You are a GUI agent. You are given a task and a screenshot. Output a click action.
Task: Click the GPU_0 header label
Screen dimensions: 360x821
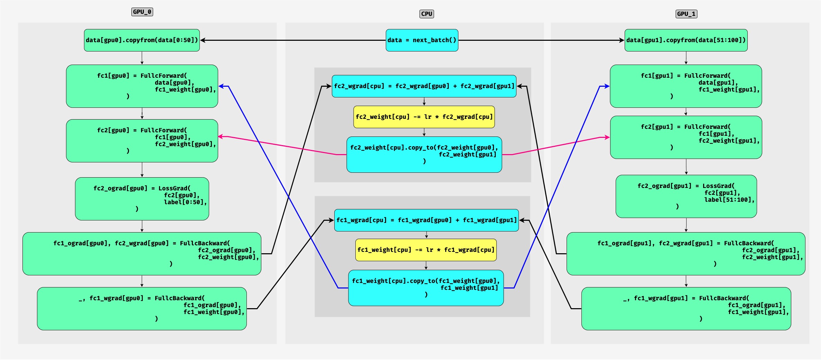tap(142, 12)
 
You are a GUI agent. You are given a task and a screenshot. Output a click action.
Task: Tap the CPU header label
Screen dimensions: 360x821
tap(427, 14)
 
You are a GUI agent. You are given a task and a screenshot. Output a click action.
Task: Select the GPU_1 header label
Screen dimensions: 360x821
tap(686, 14)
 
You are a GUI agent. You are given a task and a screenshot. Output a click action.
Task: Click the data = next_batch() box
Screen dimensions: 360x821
tap(422, 40)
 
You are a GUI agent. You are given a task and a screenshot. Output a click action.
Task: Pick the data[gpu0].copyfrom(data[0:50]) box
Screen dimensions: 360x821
tap(142, 40)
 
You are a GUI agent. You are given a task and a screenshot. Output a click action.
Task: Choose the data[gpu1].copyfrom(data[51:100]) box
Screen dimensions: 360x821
tap(686, 40)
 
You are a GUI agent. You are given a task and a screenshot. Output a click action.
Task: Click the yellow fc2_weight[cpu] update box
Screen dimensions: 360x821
tap(424, 117)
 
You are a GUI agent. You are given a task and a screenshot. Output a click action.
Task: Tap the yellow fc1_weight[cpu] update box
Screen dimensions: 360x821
tap(426, 250)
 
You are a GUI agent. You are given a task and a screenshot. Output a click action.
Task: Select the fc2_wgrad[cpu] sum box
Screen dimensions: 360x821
tap(424, 86)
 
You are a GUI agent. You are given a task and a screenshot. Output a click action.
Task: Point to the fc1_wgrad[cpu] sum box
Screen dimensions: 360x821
tap(426, 220)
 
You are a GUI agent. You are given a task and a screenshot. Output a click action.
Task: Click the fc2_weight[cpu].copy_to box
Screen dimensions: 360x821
tap(424, 154)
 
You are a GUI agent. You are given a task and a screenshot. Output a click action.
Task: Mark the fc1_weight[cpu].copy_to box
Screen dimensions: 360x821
tap(426, 288)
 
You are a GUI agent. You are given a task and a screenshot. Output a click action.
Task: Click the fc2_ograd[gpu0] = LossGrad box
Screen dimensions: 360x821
tap(142, 199)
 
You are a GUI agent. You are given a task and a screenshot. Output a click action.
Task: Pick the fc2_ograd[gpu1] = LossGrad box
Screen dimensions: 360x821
tap(686, 196)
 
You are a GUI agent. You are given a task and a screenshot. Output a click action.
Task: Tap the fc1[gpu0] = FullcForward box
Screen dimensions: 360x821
tap(142, 86)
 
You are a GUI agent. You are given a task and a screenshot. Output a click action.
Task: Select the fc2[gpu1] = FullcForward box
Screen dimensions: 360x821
tap(686, 137)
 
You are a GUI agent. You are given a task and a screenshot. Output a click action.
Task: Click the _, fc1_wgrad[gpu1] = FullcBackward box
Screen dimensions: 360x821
tap(686, 309)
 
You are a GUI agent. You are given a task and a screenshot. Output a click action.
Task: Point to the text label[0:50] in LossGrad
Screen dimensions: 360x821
tap(185, 202)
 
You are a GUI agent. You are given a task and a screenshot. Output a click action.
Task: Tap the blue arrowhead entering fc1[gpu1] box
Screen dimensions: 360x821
tap(606, 86)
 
